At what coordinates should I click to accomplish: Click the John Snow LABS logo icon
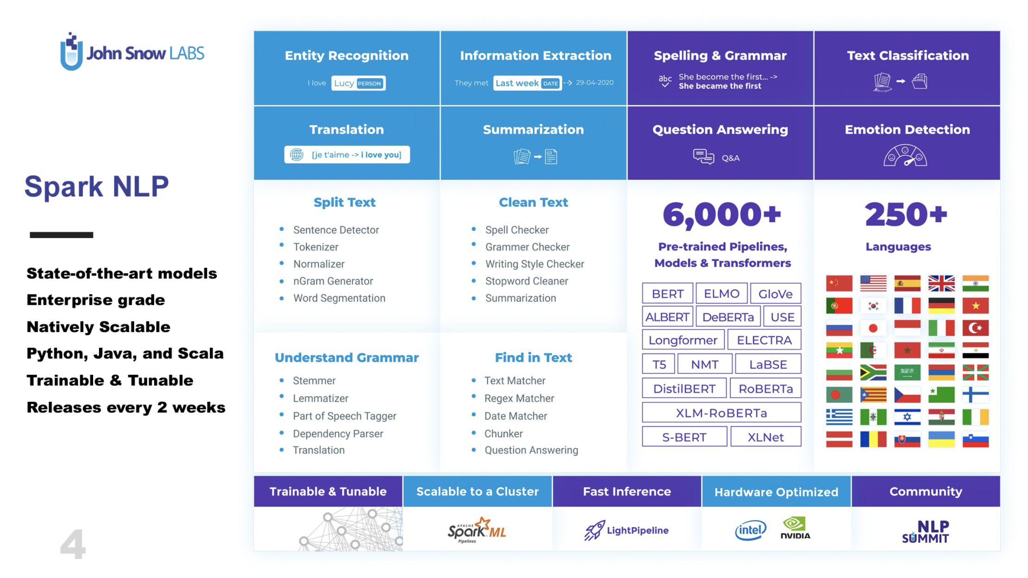click(x=71, y=52)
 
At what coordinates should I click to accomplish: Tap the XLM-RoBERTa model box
click(x=721, y=413)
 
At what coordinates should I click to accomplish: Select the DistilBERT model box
click(x=684, y=389)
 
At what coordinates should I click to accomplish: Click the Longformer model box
click(x=683, y=340)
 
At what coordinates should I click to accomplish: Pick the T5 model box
click(x=658, y=364)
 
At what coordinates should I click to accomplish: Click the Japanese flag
click(x=873, y=328)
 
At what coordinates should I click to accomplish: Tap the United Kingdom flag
click(x=941, y=283)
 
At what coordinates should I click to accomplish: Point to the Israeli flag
click(x=907, y=417)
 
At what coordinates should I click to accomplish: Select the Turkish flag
click(x=975, y=328)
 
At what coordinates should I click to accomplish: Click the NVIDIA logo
click(x=795, y=528)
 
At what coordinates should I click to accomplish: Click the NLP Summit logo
click(x=925, y=531)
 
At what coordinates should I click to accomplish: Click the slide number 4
click(x=73, y=544)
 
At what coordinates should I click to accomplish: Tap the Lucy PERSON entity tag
click(x=358, y=83)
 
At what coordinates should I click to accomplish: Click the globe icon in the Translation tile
click(x=297, y=155)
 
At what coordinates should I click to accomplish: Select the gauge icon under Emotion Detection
click(x=905, y=156)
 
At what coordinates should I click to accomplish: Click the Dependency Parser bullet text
click(x=338, y=433)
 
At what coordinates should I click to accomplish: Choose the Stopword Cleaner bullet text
click(x=526, y=281)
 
